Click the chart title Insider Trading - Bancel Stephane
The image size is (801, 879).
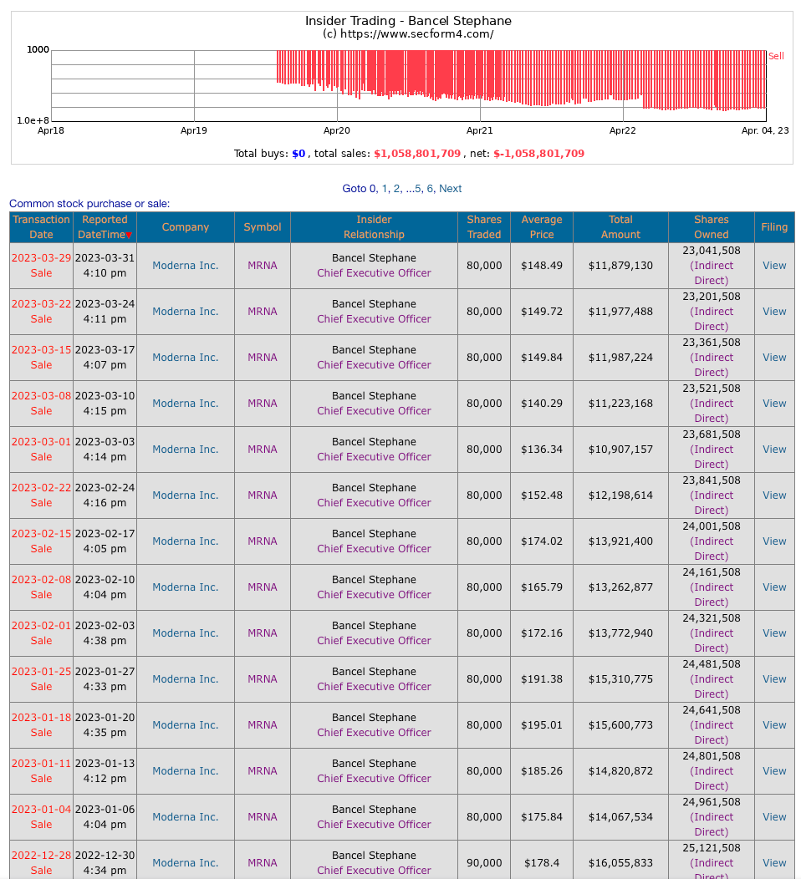[408, 21]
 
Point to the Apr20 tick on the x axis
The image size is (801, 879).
[337, 130]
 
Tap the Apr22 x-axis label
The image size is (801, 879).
[622, 130]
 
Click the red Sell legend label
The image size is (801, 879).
[776, 56]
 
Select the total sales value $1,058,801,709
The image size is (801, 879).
[416, 154]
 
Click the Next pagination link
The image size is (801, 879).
[450, 189]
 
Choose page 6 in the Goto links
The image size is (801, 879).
[430, 189]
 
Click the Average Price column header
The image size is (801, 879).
[541, 227]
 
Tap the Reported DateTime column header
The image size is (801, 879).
[105, 227]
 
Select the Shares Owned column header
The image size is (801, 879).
[711, 227]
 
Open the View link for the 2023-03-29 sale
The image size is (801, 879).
[774, 266]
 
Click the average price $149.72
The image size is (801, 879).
[541, 312]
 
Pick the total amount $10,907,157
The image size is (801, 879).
[620, 450]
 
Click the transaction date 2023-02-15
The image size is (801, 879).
[41, 534]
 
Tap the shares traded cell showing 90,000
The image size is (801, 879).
[484, 863]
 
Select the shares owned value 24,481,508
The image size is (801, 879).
[711, 664]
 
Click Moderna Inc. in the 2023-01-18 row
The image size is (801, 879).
[185, 725]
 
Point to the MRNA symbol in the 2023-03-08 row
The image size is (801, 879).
[262, 404]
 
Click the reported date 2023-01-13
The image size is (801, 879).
[105, 764]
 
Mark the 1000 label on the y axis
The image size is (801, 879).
[38, 50]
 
